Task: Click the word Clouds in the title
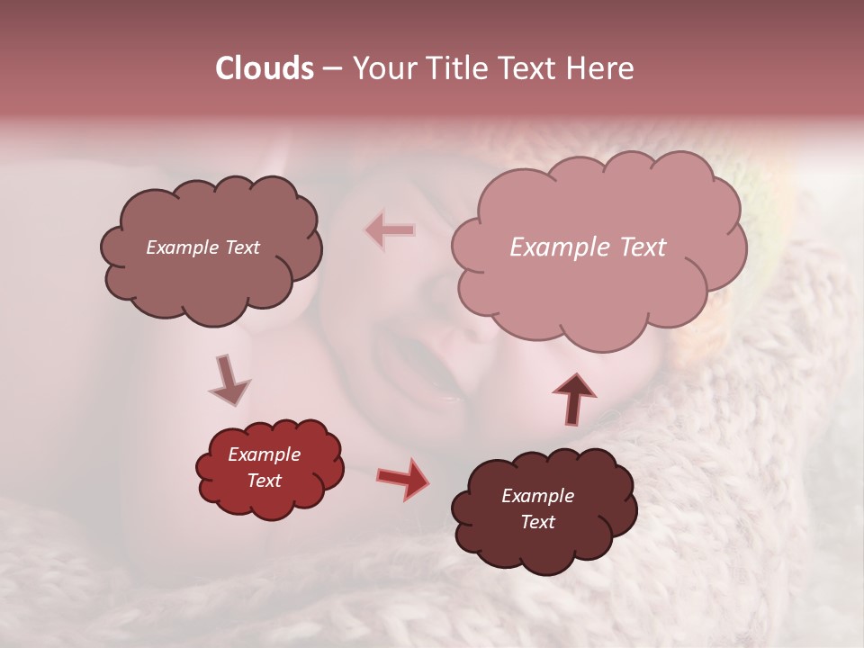(265, 68)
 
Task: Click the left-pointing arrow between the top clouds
(391, 230)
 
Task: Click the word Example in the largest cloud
(555, 247)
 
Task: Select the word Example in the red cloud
(264, 454)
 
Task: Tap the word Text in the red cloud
(264, 481)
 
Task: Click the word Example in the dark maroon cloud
(537, 496)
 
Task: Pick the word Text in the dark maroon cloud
(537, 522)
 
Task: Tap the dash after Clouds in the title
(331, 69)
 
